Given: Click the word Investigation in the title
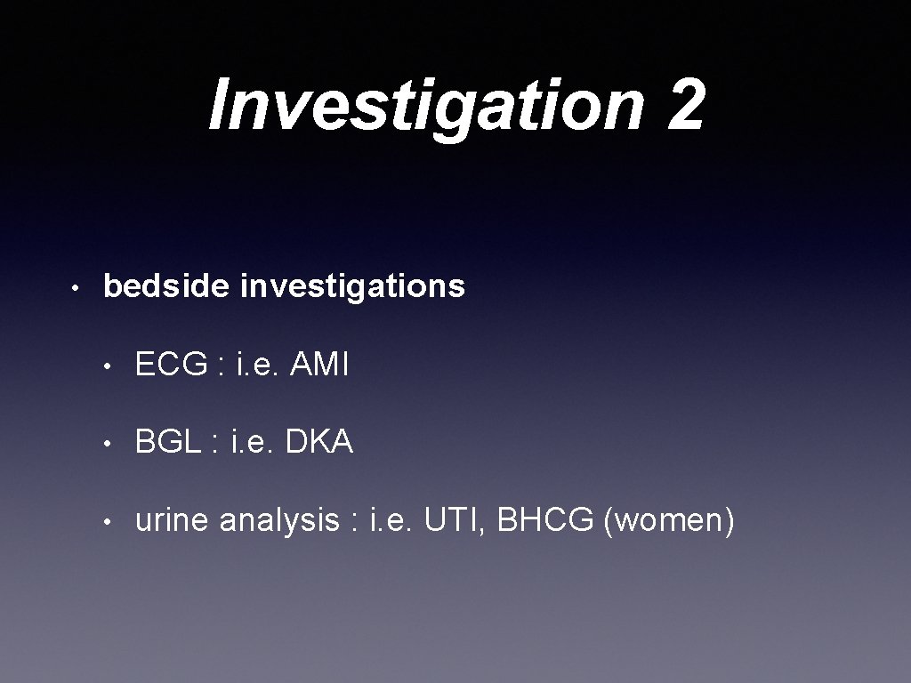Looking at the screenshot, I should pos(425,105).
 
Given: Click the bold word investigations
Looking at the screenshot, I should pos(353,286).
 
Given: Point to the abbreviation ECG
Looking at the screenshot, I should pos(172,365).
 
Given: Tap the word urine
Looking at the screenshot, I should pos(173,520).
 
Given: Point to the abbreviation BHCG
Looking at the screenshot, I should pos(545,520).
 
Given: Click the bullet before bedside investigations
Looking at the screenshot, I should pos(79,288).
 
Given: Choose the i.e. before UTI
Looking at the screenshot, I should pos(390,520).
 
